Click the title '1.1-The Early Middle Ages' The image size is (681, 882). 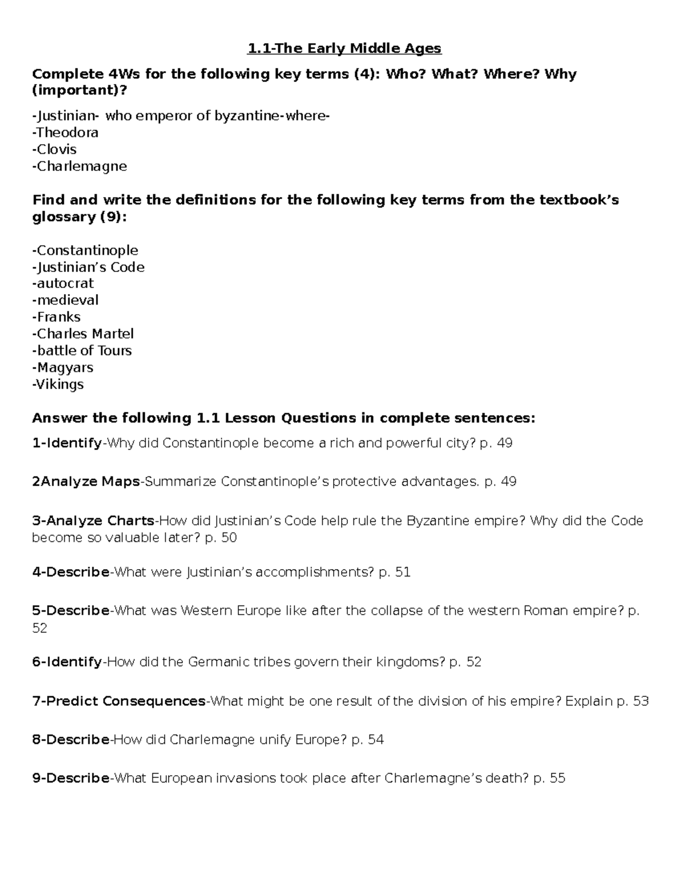[x=344, y=49]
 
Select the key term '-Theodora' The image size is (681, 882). [x=65, y=133]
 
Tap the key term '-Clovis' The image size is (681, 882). [x=54, y=149]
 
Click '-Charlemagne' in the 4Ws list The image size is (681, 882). [x=79, y=166]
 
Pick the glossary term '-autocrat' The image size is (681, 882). [x=63, y=283]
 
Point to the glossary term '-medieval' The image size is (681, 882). [x=65, y=300]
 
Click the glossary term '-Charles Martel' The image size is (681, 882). [x=83, y=334]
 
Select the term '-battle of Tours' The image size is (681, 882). [x=82, y=350]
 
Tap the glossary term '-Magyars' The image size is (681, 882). [x=62, y=367]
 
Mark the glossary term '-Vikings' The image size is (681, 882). [x=58, y=384]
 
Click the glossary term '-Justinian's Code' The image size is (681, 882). [x=88, y=267]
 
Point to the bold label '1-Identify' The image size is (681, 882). [x=67, y=443]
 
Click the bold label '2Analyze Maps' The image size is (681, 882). [x=86, y=482]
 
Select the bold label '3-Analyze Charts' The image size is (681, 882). [x=93, y=521]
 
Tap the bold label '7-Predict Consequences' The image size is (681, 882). [x=119, y=701]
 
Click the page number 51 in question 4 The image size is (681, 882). [x=402, y=572]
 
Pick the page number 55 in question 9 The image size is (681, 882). [x=557, y=778]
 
